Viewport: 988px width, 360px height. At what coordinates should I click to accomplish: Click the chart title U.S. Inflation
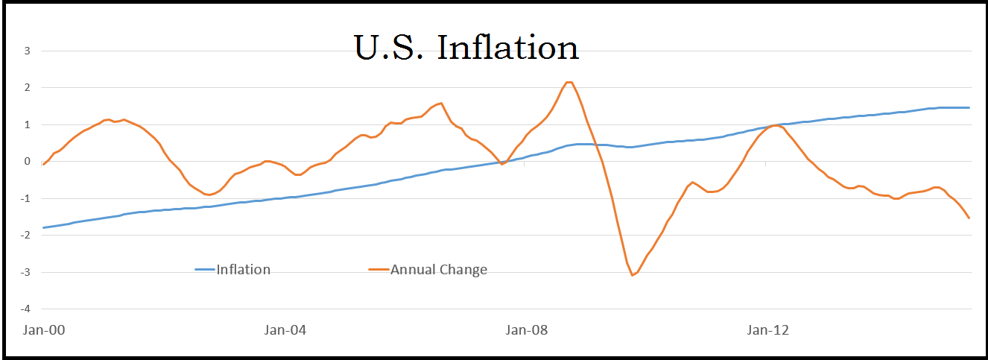466,48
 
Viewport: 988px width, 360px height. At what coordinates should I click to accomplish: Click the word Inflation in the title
508,48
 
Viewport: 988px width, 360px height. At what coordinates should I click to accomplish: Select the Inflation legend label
243,269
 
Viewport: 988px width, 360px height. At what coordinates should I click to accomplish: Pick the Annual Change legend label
438,269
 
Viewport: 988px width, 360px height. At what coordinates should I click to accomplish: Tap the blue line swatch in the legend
204,269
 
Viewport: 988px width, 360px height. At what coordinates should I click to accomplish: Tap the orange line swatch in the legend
379,269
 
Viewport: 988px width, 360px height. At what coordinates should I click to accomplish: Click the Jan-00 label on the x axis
42,329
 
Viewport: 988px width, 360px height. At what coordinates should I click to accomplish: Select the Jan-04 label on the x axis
284,329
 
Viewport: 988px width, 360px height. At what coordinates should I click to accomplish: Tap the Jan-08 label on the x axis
525,329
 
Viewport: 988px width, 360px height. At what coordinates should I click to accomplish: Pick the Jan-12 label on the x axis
767,329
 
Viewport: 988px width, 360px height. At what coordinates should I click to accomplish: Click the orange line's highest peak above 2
569,82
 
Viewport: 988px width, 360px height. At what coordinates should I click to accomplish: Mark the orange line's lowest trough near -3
633,275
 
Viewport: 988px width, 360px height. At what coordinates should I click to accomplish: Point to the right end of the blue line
969,107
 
